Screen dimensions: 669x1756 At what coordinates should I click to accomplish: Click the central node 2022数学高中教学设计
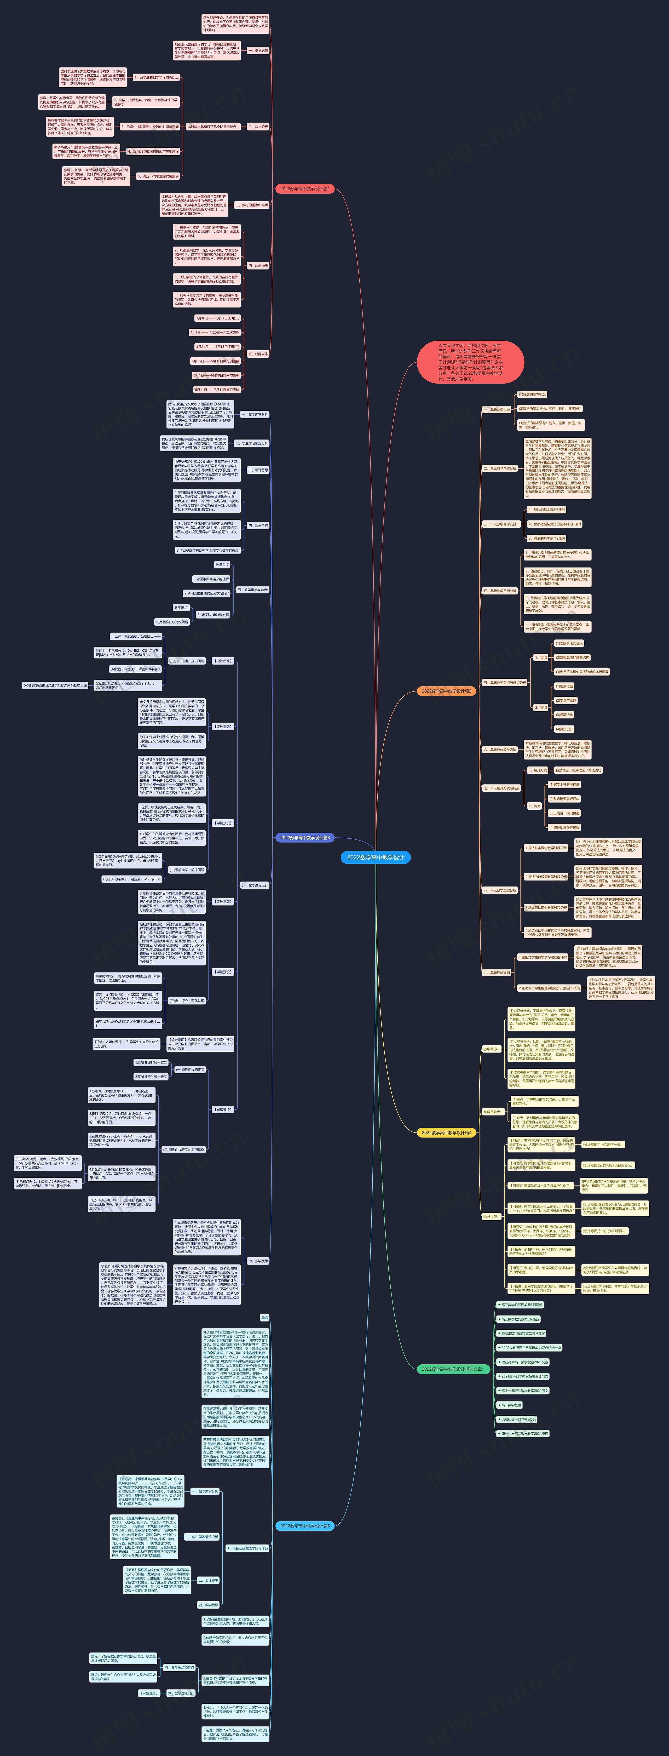pyautogui.click(x=375, y=857)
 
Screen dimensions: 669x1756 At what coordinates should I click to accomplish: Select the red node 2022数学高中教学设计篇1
pyautogui.click(x=304, y=188)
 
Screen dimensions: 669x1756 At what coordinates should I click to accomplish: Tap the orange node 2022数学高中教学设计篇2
pyautogui.click(x=446, y=690)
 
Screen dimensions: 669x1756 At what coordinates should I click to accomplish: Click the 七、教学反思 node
pyautogui.click(x=258, y=1261)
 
